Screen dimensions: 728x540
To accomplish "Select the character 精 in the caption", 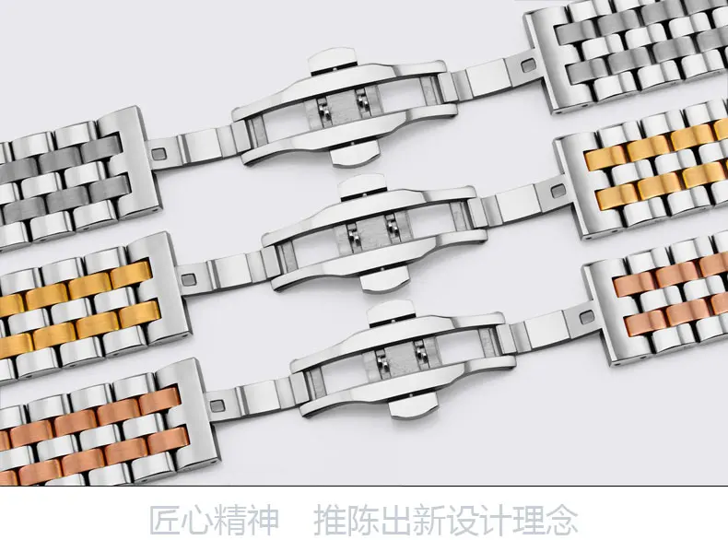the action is pyautogui.click(x=230, y=520).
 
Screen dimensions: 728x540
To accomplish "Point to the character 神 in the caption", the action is pyautogui.click(x=264, y=520).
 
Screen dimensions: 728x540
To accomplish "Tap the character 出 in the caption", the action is pyautogui.click(x=395, y=520).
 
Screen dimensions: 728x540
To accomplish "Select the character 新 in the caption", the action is pyautogui.click(x=429, y=520).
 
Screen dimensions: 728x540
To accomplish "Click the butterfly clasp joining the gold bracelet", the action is pyautogui.click(x=374, y=233).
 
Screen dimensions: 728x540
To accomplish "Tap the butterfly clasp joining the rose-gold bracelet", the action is pyautogui.click(x=403, y=358).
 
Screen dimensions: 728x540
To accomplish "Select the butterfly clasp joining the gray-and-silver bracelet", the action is pyautogui.click(x=345, y=107).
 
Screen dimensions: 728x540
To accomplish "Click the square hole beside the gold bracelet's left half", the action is pyautogui.click(x=189, y=279).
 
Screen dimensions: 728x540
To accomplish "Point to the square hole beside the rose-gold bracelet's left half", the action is pyautogui.click(x=217, y=405).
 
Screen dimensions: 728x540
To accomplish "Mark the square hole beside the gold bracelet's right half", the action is pyautogui.click(x=558, y=191).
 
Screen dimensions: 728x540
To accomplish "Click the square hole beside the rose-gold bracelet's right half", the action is pyautogui.click(x=587, y=318).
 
